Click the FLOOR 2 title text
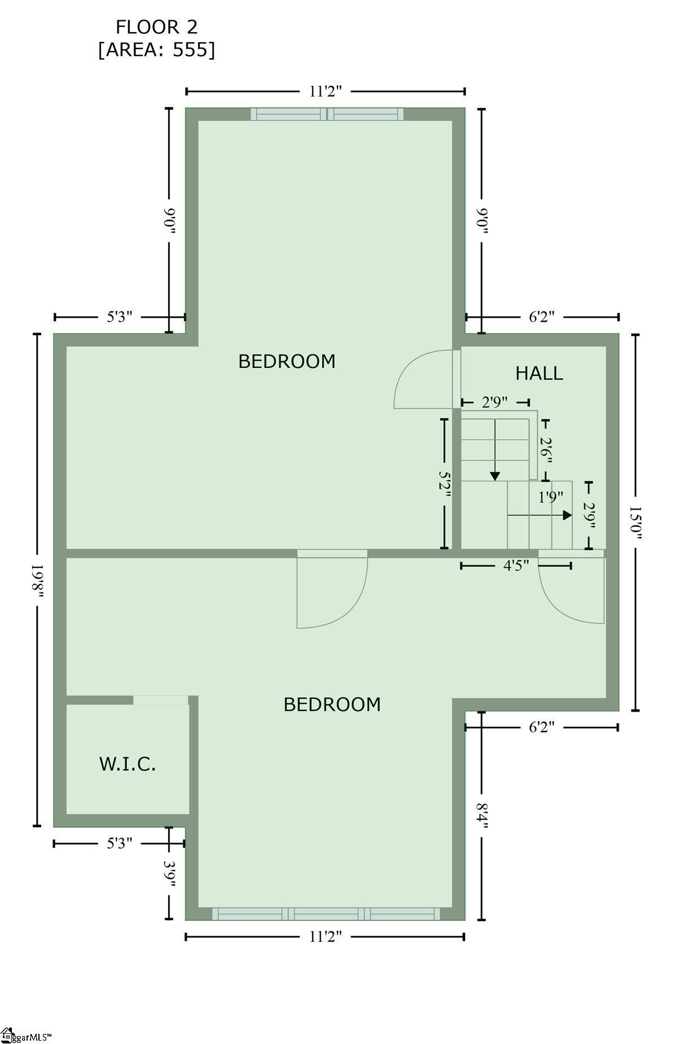tap(156, 27)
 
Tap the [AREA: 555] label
tap(156, 50)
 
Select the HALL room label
tap(539, 374)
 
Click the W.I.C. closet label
tap(128, 764)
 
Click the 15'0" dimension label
tap(636, 522)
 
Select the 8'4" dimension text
tap(481, 815)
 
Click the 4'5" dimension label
tap(516, 565)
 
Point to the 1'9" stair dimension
tap(550, 497)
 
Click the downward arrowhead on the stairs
tap(495, 476)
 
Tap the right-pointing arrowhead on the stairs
tap(567, 515)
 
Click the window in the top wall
tap(327, 114)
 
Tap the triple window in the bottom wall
tap(326, 914)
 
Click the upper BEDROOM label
tap(287, 361)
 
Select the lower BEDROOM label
tap(332, 704)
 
